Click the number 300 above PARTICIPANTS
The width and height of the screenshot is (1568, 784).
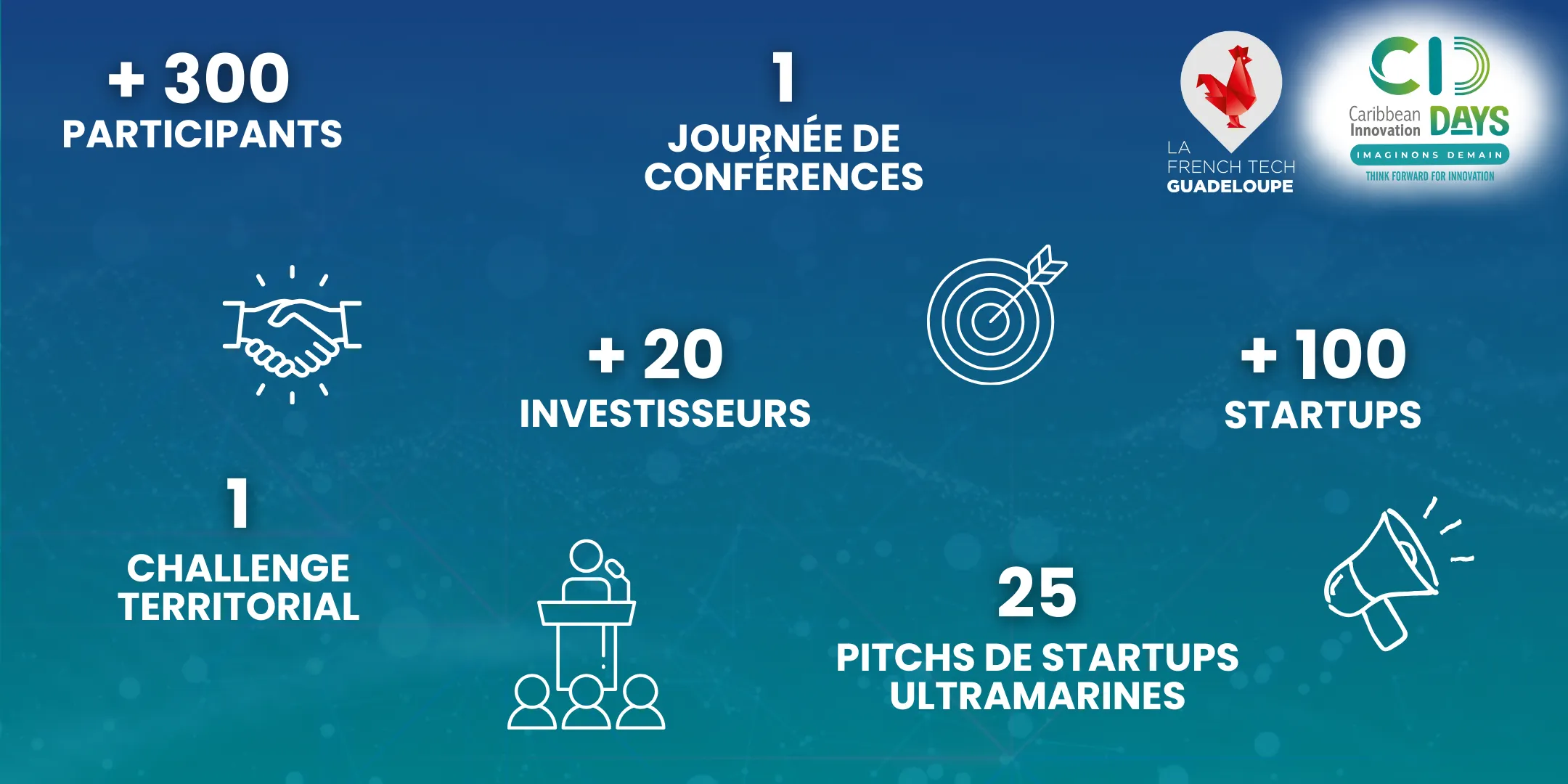226,78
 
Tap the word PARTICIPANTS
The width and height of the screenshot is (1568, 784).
203,134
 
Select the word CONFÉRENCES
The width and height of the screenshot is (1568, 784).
784,176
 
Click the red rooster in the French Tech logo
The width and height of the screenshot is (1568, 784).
1230,86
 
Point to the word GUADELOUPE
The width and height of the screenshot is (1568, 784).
1230,187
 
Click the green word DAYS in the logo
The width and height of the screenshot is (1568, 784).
1470,121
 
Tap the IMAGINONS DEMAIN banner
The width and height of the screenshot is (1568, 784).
1429,155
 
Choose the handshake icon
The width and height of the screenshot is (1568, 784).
292,334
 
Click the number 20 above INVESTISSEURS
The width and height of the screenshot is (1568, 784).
683,354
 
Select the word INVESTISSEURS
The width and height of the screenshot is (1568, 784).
665,414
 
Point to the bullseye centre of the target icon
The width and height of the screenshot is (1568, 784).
990,321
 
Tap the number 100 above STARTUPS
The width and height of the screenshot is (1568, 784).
1351,354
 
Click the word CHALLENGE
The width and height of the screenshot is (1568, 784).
238,568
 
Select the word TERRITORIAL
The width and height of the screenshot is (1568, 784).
239,607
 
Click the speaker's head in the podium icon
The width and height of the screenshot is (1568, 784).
587,557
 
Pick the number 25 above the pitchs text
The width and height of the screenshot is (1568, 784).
1037,593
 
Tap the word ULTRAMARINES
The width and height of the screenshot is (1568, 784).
1037,696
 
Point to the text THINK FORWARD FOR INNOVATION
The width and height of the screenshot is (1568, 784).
1429,176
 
